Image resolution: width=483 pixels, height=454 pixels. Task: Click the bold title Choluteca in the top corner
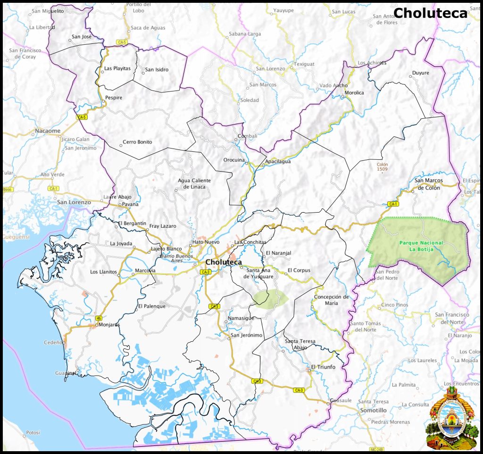(x=430, y=13)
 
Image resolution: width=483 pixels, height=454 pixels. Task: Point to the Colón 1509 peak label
(x=383, y=167)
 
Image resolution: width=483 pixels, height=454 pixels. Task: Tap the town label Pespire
(x=114, y=98)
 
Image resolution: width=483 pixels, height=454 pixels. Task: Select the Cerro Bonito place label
(x=137, y=142)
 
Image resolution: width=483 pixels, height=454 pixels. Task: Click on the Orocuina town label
(x=234, y=160)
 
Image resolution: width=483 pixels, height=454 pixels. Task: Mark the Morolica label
(x=355, y=93)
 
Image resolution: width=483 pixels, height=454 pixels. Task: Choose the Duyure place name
(x=421, y=73)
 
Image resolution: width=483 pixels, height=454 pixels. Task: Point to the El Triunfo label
(x=323, y=367)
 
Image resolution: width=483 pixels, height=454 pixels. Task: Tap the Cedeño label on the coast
(x=53, y=342)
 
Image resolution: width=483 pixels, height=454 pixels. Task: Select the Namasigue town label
(x=241, y=318)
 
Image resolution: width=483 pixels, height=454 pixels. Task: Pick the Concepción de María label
(x=332, y=300)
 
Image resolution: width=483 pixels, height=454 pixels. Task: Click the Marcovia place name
(x=145, y=271)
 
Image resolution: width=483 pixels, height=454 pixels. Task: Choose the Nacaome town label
(x=48, y=131)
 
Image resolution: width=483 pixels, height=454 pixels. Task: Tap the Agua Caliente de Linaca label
(x=194, y=184)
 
